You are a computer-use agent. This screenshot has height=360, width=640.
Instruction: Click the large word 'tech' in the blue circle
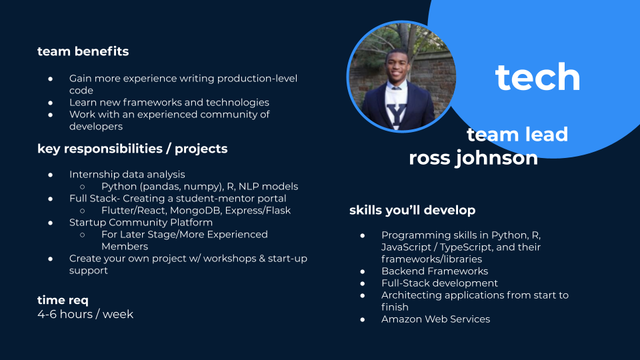(x=537, y=77)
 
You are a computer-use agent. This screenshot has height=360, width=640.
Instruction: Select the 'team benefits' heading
(x=83, y=51)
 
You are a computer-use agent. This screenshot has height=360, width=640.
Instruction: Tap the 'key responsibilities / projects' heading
(x=132, y=149)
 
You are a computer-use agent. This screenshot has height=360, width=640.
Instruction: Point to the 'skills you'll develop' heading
(x=412, y=210)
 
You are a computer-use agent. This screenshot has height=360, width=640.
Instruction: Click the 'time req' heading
(x=63, y=300)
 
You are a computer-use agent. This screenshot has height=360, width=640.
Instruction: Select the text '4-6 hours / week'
(x=85, y=314)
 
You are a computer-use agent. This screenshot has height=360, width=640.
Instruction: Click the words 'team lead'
(x=517, y=134)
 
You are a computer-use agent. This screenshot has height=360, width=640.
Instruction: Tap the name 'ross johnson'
(x=473, y=158)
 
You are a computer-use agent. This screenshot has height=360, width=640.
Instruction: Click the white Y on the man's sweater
(x=396, y=114)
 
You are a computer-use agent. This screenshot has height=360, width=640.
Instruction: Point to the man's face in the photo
(x=397, y=66)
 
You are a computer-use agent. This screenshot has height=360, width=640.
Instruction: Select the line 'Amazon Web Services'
(x=435, y=319)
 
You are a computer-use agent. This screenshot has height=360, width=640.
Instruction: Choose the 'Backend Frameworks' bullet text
(x=435, y=271)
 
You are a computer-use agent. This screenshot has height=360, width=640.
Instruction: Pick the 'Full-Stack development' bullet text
(x=439, y=283)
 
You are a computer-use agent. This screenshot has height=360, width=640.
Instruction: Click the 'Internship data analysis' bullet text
(x=127, y=175)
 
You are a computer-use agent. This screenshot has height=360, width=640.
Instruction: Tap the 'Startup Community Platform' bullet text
(x=141, y=223)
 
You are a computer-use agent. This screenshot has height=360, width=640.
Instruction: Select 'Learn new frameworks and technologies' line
(x=169, y=103)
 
